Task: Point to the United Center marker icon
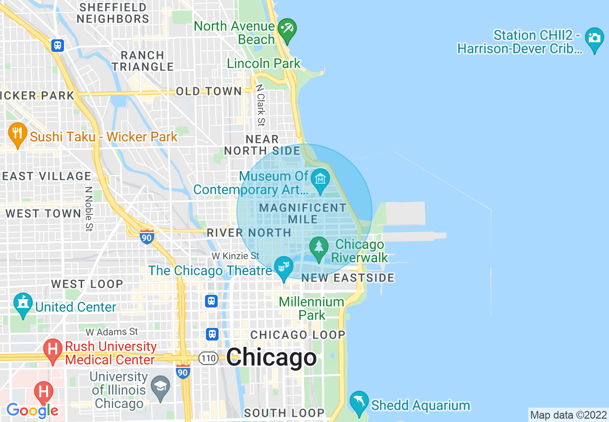[23, 304]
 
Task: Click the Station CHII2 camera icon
[595, 38]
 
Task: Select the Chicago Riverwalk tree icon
[318, 247]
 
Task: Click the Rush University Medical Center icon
[53, 349]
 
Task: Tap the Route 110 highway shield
[209, 358]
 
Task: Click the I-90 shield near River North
[147, 237]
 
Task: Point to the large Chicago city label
[271, 357]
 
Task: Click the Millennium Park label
[312, 308]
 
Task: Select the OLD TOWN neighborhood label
[208, 91]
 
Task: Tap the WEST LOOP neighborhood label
[87, 284]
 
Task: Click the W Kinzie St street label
[237, 256]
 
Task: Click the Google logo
[32, 410]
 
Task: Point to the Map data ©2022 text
[568, 415]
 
